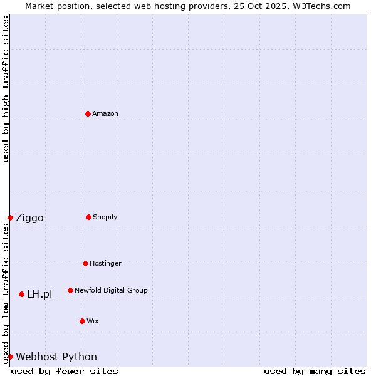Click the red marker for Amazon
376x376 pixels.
click(x=88, y=113)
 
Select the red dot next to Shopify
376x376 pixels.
click(x=88, y=217)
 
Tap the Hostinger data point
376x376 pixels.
click(x=85, y=263)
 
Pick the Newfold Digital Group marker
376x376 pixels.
click(x=70, y=290)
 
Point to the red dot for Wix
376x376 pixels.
click(x=82, y=321)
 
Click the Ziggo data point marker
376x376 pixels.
click(x=10, y=217)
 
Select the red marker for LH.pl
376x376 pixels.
click(x=21, y=294)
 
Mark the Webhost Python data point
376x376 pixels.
click(x=10, y=357)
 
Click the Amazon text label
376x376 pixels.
click(x=105, y=113)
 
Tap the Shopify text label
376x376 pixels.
click(x=105, y=217)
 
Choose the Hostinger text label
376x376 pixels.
click(x=105, y=263)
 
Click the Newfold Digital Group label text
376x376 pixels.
click(x=111, y=290)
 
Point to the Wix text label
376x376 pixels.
click(x=93, y=321)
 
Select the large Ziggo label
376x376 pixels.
click(x=29, y=218)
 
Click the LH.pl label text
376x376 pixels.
click(x=39, y=295)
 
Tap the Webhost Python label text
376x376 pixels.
click(x=56, y=357)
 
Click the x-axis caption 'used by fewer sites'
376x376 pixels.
click(x=65, y=371)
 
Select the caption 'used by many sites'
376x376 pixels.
click(x=315, y=371)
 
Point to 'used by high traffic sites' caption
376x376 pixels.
click(x=6, y=89)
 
